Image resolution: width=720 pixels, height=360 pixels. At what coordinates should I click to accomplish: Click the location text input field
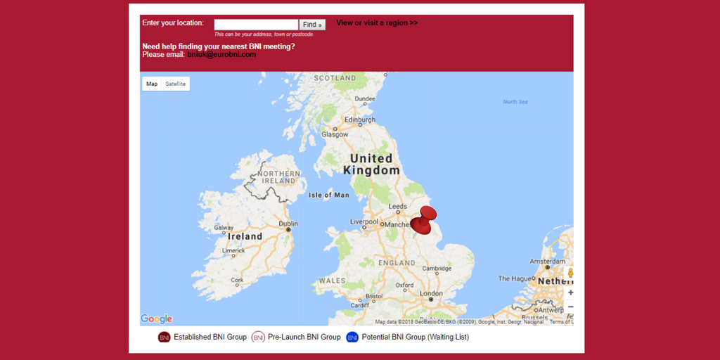point(256,25)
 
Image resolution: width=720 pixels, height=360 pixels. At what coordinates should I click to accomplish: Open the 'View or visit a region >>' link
point(377,22)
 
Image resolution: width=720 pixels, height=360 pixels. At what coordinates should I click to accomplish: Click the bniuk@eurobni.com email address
point(221,54)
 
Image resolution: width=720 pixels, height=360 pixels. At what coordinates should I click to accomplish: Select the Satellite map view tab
point(176,84)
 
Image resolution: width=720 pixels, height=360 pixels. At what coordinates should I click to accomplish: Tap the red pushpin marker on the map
point(423,221)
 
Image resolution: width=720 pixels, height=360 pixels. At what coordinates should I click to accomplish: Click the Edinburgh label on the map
point(359,120)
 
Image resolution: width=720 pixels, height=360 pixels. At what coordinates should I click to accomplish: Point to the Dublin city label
point(288,224)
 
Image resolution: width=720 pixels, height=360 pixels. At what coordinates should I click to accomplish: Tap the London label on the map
point(430,293)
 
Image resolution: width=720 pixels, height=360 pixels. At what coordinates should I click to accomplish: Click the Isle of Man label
point(328,195)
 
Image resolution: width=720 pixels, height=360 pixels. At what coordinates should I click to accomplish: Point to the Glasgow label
point(335,134)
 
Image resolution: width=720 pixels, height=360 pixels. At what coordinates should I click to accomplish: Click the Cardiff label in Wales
point(359,305)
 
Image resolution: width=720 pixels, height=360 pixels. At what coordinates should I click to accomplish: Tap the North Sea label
point(515,102)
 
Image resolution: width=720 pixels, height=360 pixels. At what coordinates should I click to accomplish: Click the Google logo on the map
point(156,319)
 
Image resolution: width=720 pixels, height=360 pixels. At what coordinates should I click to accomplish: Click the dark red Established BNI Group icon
point(165,337)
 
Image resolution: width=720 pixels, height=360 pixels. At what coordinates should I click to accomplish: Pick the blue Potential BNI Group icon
point(352,337)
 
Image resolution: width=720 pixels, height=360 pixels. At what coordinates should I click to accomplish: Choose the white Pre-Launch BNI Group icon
point(258,337)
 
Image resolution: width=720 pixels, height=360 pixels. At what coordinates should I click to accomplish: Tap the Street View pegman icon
point(570,273)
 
